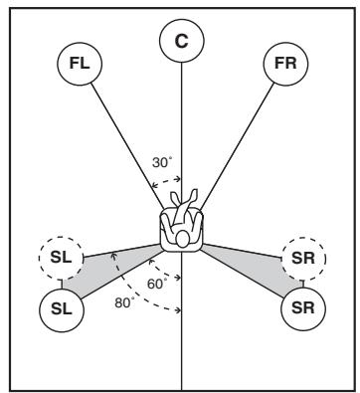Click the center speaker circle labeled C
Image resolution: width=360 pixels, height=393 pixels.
pos(181,41)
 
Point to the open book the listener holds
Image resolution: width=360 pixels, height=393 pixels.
pos(181,204)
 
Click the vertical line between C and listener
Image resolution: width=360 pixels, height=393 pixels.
pos(181,119)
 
